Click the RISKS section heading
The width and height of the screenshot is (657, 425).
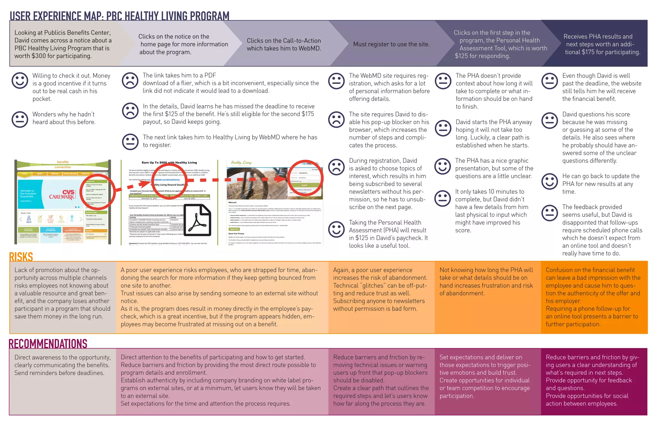[21, 257]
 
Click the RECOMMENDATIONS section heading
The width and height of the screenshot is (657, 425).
[48, 344]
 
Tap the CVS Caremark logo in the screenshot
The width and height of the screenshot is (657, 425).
[62, 194]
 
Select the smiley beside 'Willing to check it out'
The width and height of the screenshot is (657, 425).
[20, 80]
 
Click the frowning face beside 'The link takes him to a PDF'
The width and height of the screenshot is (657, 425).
[130, 81]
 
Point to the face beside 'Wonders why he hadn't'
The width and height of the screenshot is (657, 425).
[20, 119]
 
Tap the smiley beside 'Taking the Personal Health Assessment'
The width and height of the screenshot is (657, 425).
[336, 229]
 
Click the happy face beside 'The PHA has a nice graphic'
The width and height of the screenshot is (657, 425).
[442, 166]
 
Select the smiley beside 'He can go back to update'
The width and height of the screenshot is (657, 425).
[549, 181]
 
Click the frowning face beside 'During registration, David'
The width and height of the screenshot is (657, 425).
[336, 167]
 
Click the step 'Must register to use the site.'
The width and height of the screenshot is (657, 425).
[391, 44]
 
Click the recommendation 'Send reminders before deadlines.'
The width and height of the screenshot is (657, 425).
[59, 373]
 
